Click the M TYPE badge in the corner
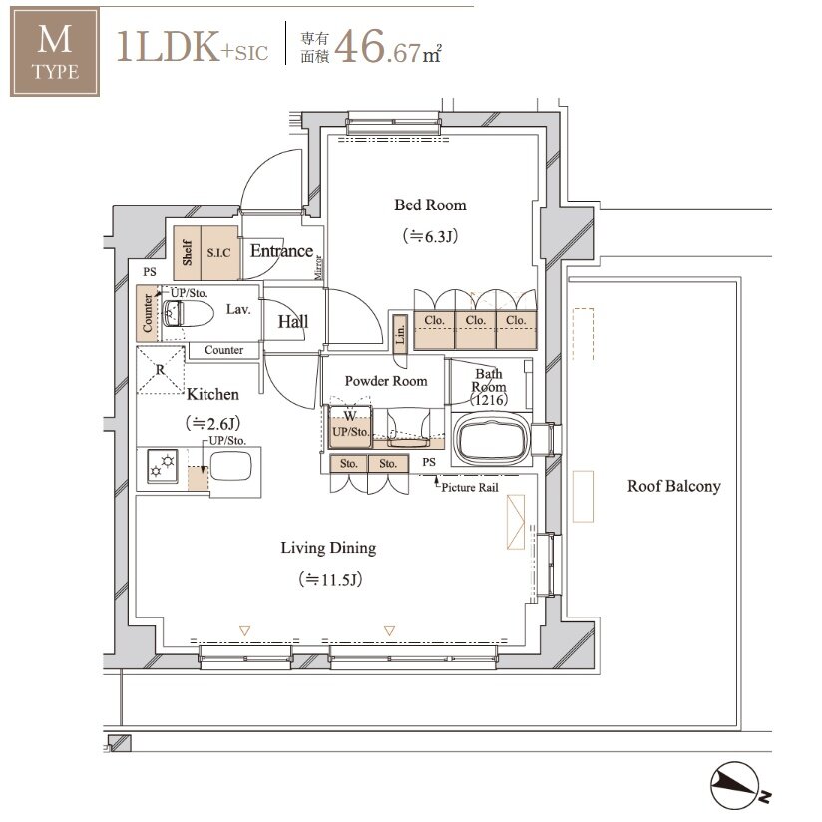[55, 52]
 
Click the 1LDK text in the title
[168, 47]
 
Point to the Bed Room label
[430, 205]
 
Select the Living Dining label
[328, 548]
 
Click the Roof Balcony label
[674, 486]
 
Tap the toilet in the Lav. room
[188, 314]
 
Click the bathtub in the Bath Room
[491, 439]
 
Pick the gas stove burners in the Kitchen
[162, 466]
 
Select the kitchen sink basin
[230, 466]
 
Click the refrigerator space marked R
[161, 370]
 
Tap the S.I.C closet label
[219, 253]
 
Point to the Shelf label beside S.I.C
[188, 253]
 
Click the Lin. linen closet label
[400, 332]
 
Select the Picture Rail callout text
[470, 488]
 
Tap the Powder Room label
[386, 381]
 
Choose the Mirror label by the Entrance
[318, 267]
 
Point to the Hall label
[293, 322]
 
